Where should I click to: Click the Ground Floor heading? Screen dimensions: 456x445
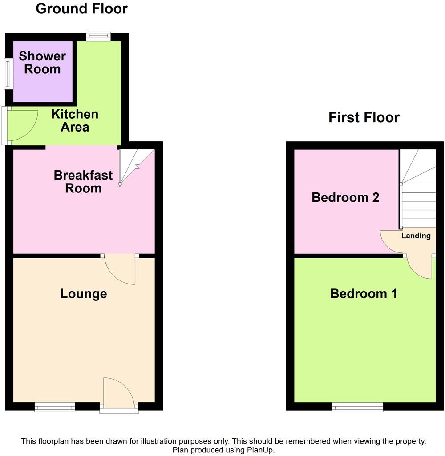[81, 8]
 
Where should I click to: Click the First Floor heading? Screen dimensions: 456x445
[364, 117]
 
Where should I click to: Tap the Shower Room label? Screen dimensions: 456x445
[42, 63]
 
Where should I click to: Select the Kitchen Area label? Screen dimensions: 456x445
[75, 120]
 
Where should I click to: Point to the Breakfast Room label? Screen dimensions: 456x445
[83, 181]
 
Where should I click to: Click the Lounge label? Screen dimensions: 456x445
[84, 294]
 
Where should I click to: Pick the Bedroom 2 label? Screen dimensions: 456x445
[345, 197]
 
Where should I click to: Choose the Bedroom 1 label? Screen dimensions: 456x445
[364, 294]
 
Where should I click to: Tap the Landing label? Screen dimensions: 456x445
[416, 236]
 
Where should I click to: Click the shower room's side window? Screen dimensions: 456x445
[7, 72]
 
